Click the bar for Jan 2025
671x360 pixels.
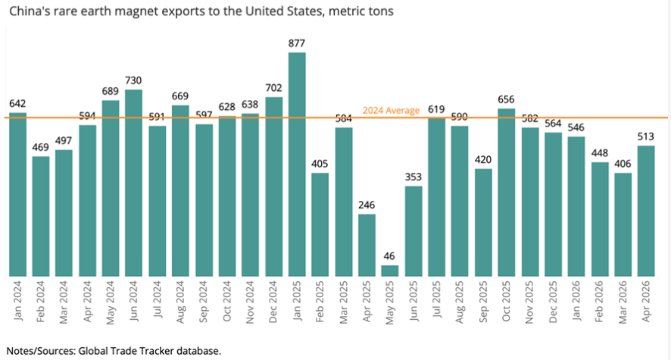click(297, 164)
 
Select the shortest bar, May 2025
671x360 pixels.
click(390, 271)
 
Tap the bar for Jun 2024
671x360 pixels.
click(133, 183)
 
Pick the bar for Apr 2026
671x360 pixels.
click(646, 211)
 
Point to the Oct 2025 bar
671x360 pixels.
click(506, 193)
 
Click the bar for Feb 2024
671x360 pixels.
click(41, 217)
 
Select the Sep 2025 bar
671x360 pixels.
click(483, 223)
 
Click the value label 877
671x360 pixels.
click(297, 43)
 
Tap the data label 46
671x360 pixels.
click(389, 256)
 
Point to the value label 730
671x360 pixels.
click(133, 80)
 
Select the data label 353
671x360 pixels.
click(414, 177)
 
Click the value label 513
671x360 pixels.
click(646, 136)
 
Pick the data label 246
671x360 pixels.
click(367, 205)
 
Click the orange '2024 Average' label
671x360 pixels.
click(391, 111)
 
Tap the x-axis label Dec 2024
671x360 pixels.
click(273, 302)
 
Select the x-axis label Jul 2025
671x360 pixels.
click(436, 300)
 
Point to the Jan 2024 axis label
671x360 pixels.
click(17, 300)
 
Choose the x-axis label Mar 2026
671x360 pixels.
click(623, 302)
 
